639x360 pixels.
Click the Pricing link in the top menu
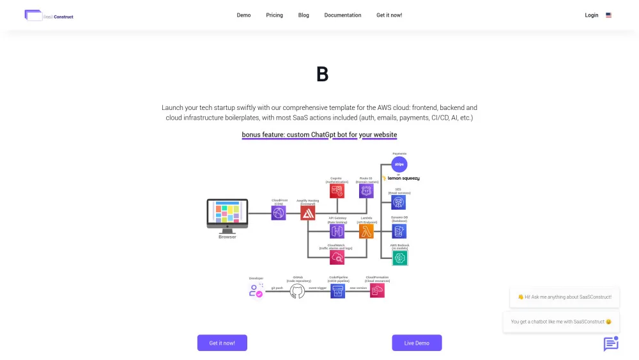[x=274, y=15]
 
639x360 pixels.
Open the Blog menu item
[x=304, y=15]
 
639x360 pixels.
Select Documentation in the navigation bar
[x=343, y=15]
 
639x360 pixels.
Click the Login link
[x=592, y=15]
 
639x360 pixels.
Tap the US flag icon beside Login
[x=609, y=15]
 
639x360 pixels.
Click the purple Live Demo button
[x=417, y=343]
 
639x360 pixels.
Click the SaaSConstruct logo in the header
[x=49, y=15]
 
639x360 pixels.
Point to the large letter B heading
[x=322, y=75]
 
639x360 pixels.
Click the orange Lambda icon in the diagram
[x=366, y=231]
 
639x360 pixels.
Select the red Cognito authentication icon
[x=337, y=191]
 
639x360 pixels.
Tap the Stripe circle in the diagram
[x=399, y=164]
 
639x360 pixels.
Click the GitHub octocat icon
[x=297, y=292]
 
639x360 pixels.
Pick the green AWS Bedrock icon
[x=400, y=258]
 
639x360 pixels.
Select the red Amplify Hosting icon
[x=308, y=213]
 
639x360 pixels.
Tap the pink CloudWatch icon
[x=337, y=258]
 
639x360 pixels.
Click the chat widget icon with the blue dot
[x=611, y=344]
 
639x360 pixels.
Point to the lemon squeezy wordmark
[x=403, y=178]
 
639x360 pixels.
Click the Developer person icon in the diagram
[x=256, y=291]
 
